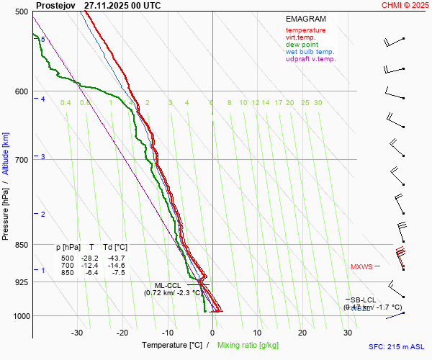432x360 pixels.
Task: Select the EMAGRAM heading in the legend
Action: pyautogui.click(x=305, y=18)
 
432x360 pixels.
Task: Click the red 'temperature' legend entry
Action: pyautogui.click(x=305, y=30)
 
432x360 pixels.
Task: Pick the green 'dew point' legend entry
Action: pyautogui.click(x=302, y=45)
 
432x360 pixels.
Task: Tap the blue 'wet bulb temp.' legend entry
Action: pyautogui.click(x=310, y=52)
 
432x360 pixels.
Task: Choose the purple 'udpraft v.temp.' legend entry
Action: pyautogui.click(x=310, y=59)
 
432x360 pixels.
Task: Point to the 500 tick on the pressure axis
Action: pyautogui.click(x=21, y=12)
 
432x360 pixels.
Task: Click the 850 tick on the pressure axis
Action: pyautogui.click(x=21, y=245)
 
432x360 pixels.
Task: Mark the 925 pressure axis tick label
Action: pyautogui.click(x=21, y=282)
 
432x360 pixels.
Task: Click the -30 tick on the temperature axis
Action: pyautogui.click(x=77, y=333)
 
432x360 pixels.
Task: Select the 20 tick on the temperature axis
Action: pyautogui.click(x=302, y=333)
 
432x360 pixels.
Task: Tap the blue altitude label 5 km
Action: pyautogui.click(x=43, y=40)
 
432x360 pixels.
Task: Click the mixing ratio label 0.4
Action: pyautogui.click(x=66, y=103)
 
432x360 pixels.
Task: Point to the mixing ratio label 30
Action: pyautogui.click(x=318, y=103)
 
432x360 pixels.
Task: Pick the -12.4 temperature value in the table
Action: pyautogui.click(x=89, y=266)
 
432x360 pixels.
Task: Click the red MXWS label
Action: pyautogui.click(x=361, y=267)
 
